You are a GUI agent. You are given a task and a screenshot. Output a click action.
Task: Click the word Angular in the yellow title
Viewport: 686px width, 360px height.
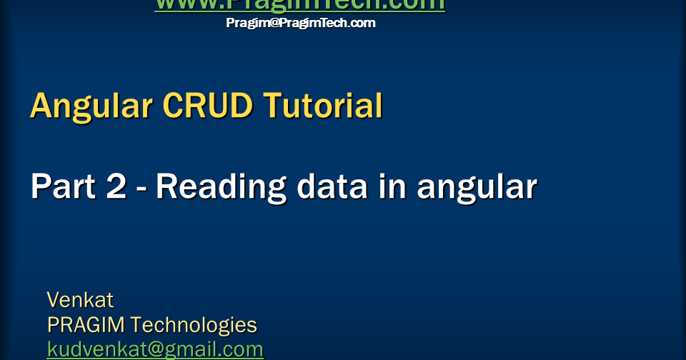(91, 106)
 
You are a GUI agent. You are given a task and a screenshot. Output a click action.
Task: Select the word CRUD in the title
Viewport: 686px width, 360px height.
(208, 106)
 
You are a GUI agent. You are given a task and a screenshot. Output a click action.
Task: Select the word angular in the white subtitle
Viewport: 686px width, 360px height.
(477, 188)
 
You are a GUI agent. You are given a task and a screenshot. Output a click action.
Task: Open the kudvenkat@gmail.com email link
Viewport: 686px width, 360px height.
(155, 349)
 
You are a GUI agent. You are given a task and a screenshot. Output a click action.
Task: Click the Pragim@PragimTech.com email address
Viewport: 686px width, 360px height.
(300, 23)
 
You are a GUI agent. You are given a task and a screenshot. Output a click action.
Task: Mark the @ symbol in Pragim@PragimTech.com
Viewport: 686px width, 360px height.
(271, 23)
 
